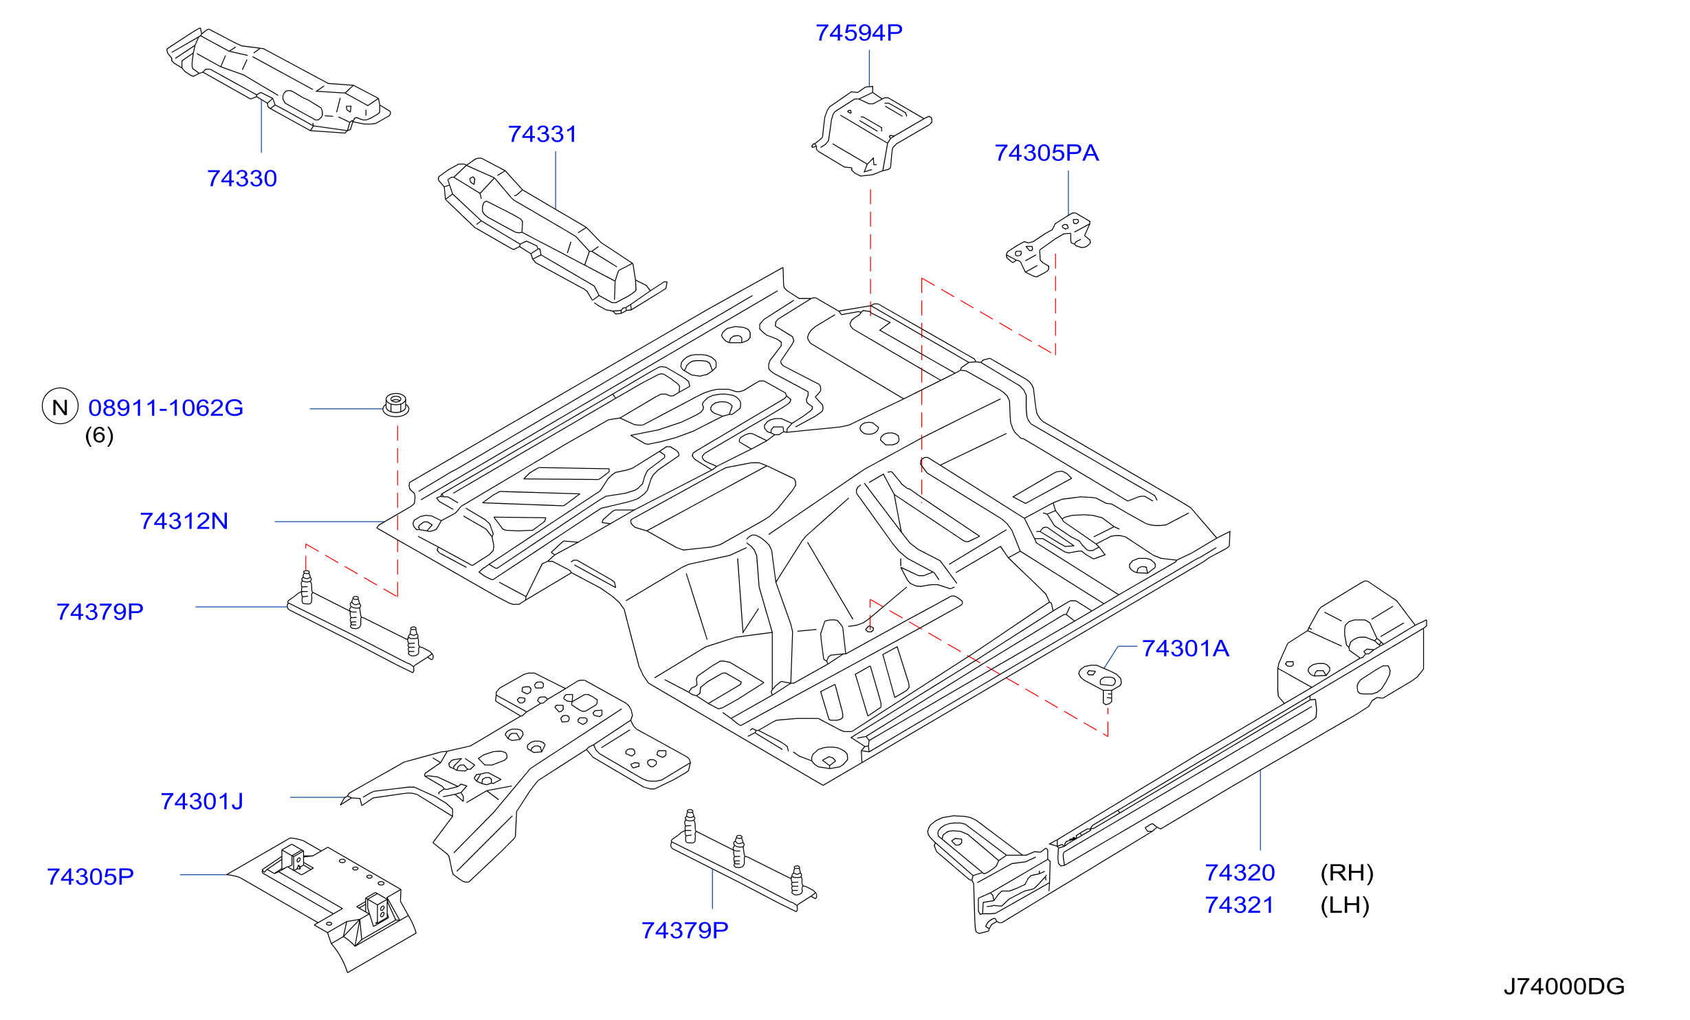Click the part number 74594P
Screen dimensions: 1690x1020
tap(859, 33)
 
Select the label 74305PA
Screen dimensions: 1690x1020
tap(1046, 153)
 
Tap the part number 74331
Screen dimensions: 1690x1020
tap(542, 135)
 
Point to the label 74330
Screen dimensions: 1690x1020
tap(242, 179)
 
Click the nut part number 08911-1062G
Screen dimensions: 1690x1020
tap(166, 408)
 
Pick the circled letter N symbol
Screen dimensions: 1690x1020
tap(61, 407)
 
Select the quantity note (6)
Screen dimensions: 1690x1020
tap(99, 436)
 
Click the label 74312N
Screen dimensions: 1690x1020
tap(184, 522)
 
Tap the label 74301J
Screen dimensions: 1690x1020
tap(202, 802)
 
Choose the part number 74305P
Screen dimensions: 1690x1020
tap(90, 877)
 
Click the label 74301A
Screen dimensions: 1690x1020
tap(1185, 649)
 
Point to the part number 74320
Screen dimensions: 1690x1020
tap(1240, 873)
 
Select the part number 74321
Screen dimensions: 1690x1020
tap(1240, 905)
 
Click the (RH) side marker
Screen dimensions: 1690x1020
tap(1347, 873)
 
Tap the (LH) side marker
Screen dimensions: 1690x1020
tap(1345, 905)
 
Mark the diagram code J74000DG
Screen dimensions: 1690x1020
tap(1564, 987)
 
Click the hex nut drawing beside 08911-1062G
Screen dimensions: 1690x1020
tap(396, 405)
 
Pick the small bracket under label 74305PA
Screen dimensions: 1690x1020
tap(1049, 244)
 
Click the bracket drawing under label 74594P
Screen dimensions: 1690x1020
tap(871, 131)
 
